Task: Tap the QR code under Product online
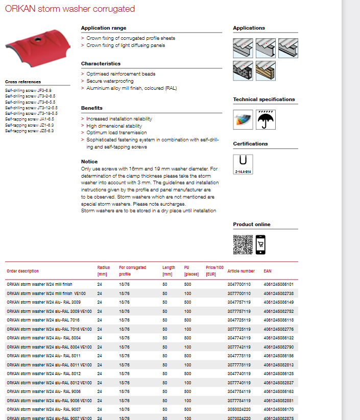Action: (x=243, y=244)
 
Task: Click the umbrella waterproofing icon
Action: (x=265, y=119)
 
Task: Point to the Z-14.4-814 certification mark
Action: (x=243, y=164)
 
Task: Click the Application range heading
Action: (x=104, y=28)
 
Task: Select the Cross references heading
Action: (x=23, y=82)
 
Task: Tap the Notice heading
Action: (x=89, y=161)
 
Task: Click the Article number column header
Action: (x=241, y=271)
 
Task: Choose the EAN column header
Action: (x=268, y=271)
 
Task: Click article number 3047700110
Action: (x=239, y=284)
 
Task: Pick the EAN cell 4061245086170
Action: (x=278, y=409)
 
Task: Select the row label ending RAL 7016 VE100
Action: (x=49, y=329)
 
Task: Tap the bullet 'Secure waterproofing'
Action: (x=110, y=81)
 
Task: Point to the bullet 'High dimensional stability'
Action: (x=114, y=126)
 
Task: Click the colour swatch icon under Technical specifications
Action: (x=243, y=119)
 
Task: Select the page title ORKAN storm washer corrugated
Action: (x=70, y=9)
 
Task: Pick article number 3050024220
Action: (x=239, y=409)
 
